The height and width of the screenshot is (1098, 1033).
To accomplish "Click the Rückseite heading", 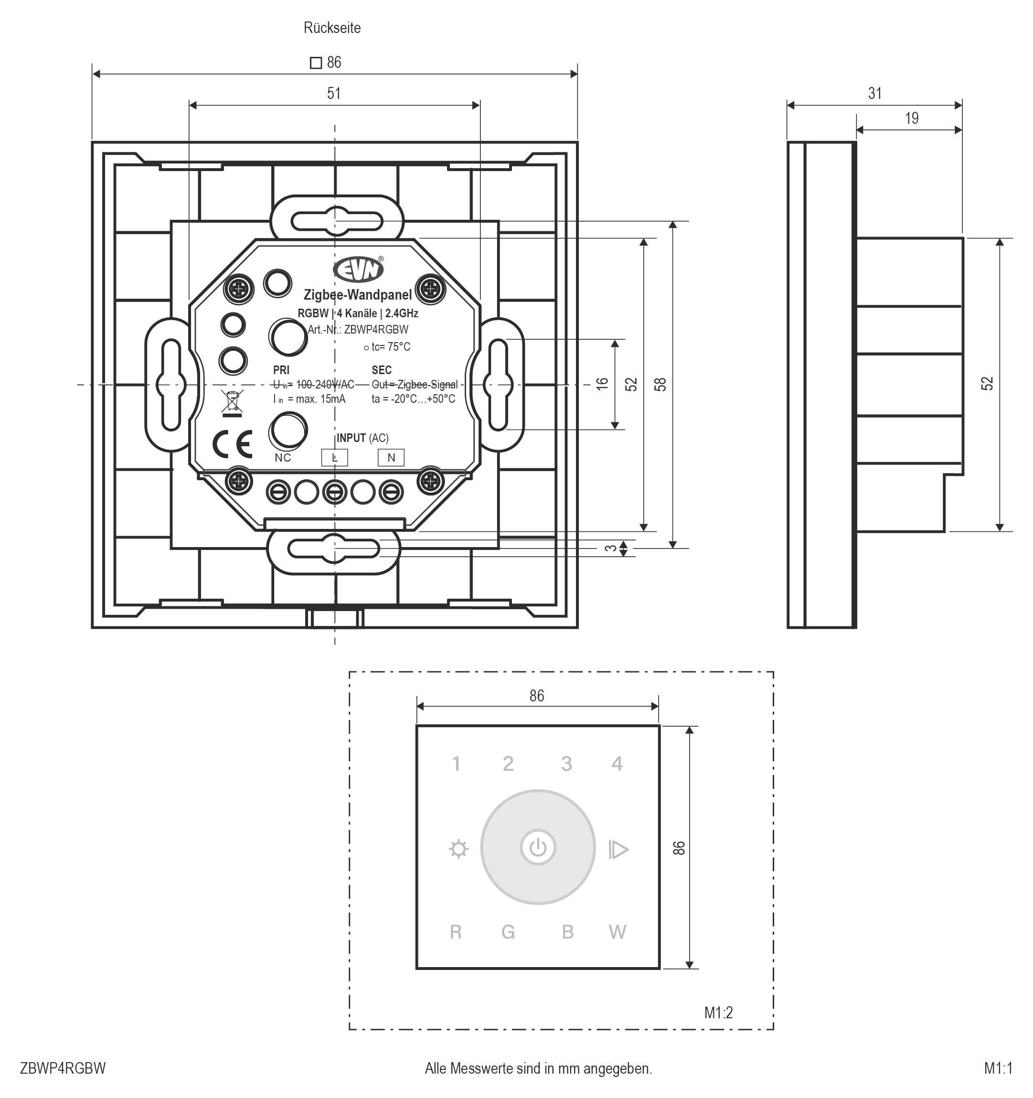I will pos(332,28).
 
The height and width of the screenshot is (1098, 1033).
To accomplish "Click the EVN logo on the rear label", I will pos(358,269).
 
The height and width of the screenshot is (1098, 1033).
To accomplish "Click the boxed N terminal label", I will pos(391,457).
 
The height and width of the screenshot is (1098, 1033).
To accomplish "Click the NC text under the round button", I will pos(283,458).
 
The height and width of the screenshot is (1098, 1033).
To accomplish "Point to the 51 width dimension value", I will pos(333,93).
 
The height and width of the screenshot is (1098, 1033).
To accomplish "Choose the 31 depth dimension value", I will pos(874,93).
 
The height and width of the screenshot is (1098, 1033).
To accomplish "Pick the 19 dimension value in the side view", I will pos(912,118).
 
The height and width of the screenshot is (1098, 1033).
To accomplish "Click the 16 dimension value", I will pos(602,383).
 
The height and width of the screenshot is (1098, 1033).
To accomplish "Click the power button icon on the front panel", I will pos(538,847).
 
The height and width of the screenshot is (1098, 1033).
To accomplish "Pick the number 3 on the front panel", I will pos(566,764).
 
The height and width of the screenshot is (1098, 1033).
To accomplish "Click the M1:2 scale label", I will pos(718,1012).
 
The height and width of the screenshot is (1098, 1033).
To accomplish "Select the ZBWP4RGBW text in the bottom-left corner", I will pos(63,1068).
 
